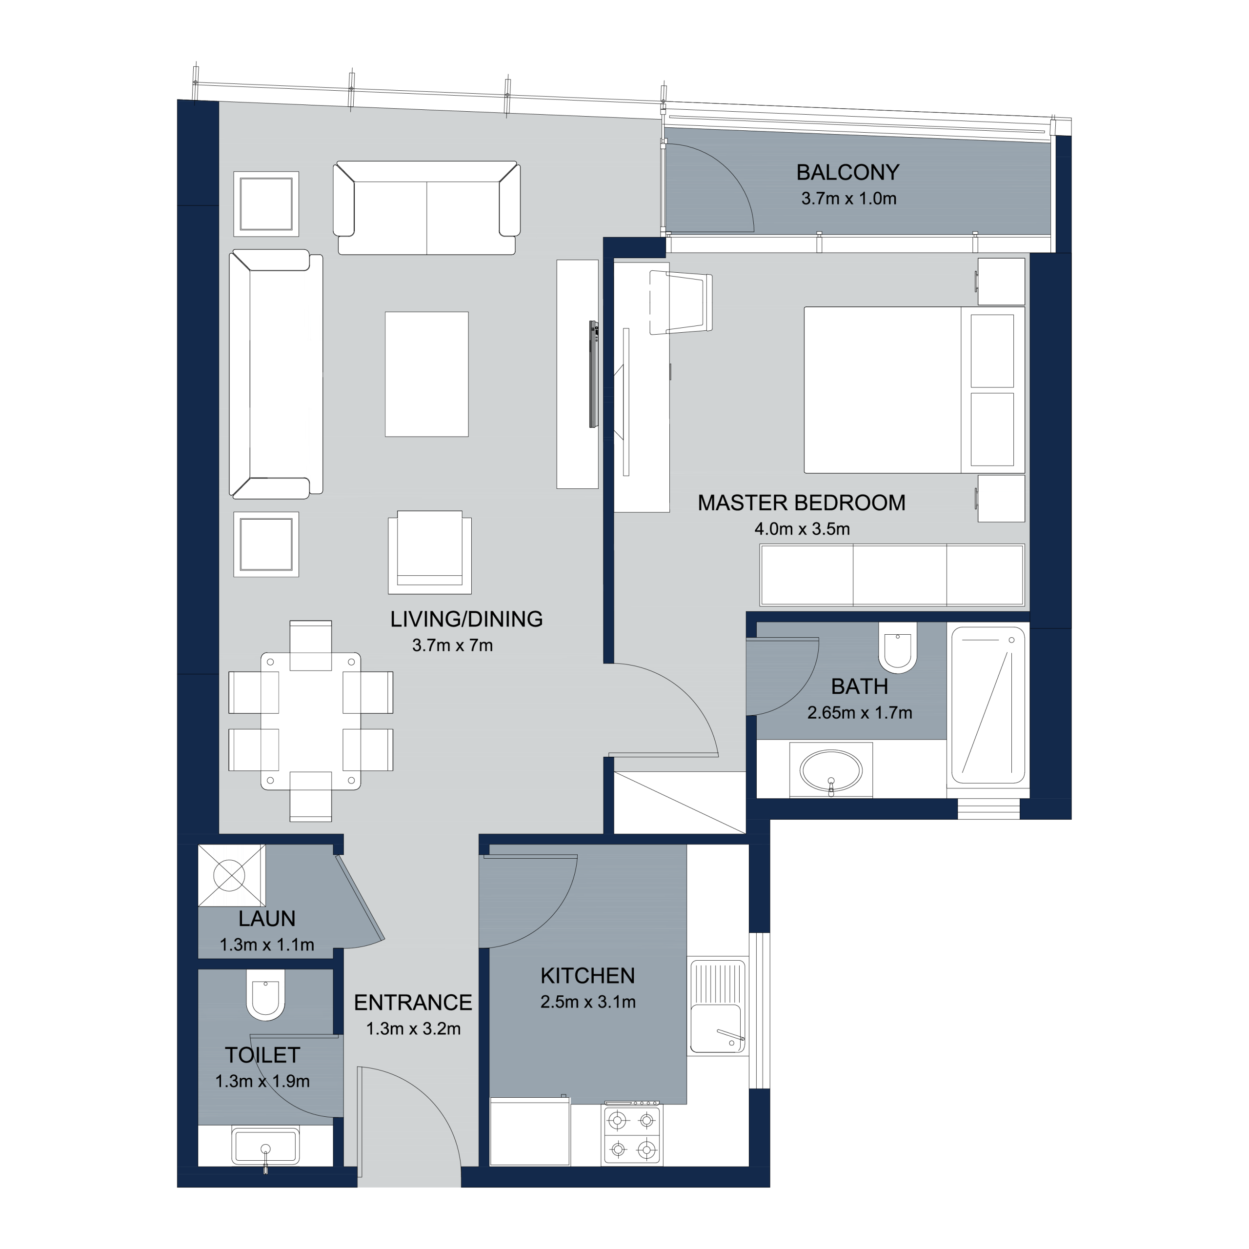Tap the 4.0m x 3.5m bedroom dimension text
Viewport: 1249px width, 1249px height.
pyautogui.click(x=802, y=529)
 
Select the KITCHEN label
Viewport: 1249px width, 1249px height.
pyautogui.click(x=587, y=976)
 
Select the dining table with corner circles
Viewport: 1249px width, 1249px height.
pyautogui.click(x=310, y=721)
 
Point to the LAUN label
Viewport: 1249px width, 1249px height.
pyautogui.click(x=266, y=919)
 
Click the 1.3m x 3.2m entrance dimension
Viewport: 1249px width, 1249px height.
pyautogui.click(x=413, y=1028)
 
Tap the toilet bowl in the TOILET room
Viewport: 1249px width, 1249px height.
pyautogui.click(x=265, y=995)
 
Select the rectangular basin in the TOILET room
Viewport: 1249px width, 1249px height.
pyautogui.click(x=265, y=1146)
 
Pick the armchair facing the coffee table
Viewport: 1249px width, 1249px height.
pyautogui.click(x=430, y=552)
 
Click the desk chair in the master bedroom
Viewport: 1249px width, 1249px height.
pyautogui.click(x=680, y=302)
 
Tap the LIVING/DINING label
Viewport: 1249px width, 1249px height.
pyautogui.click(x=466, y=619)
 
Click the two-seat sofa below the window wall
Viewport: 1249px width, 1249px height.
pyautogui.click(x=427, y=207)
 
